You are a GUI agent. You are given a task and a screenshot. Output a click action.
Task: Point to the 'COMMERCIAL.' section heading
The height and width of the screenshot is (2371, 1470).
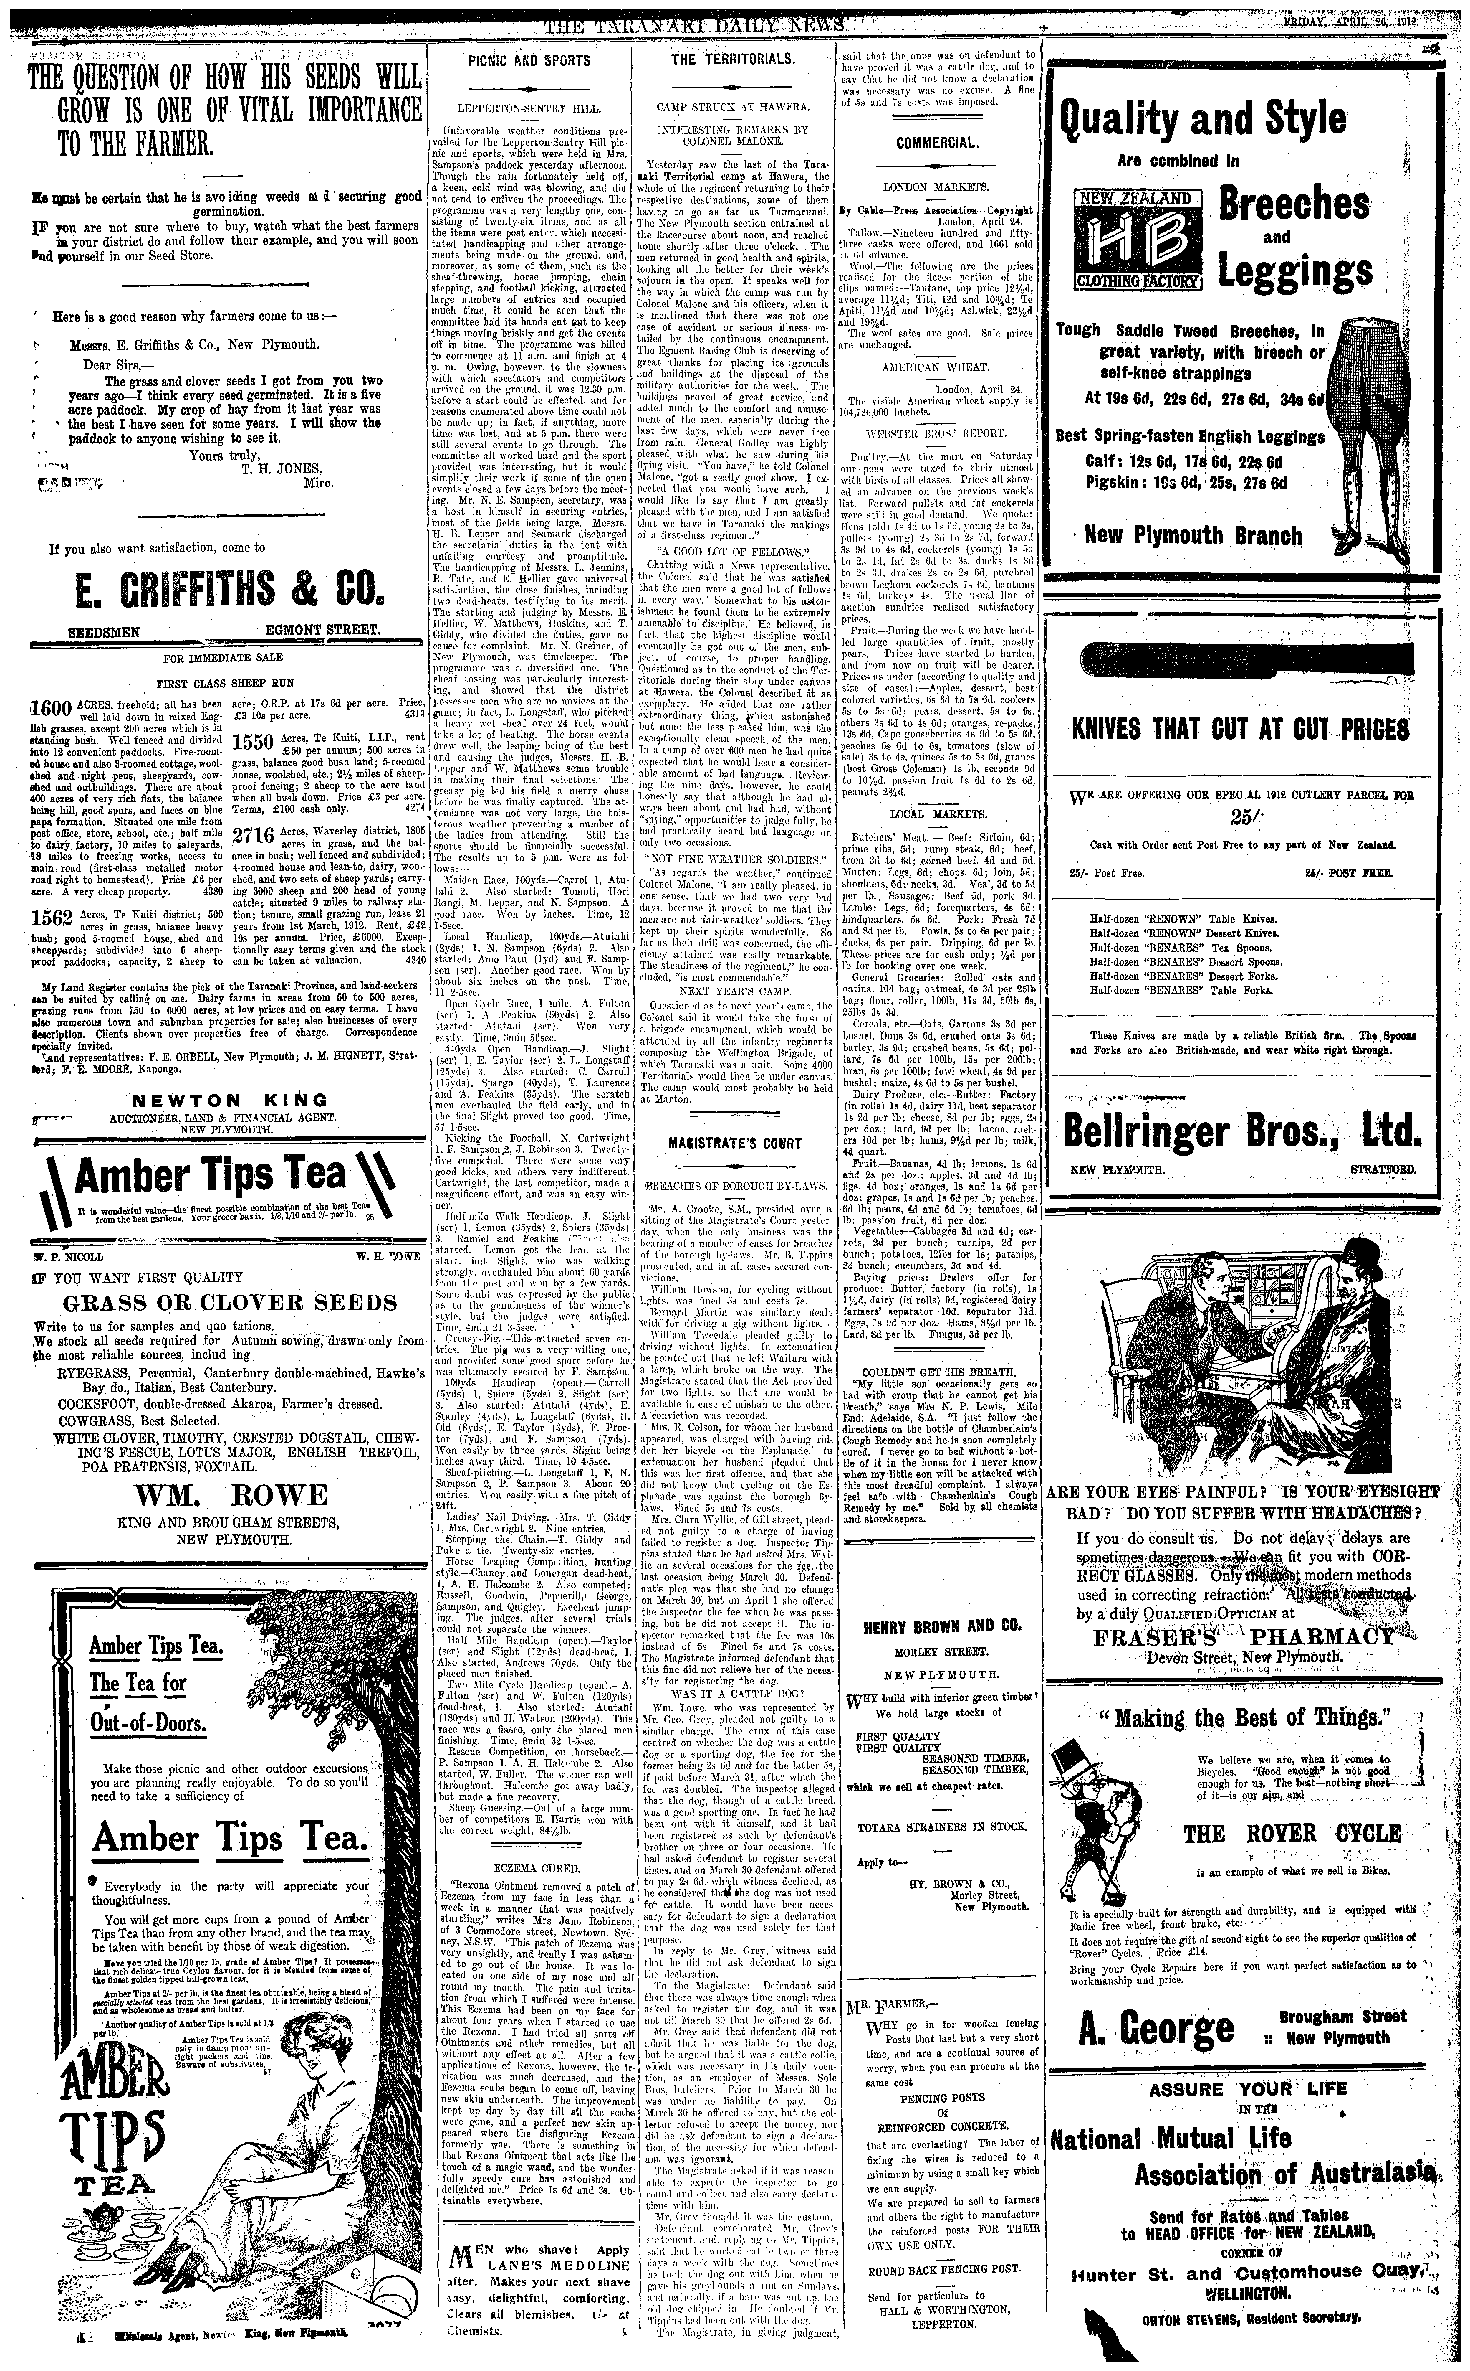pyautogui.click(x=937, y=143)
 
